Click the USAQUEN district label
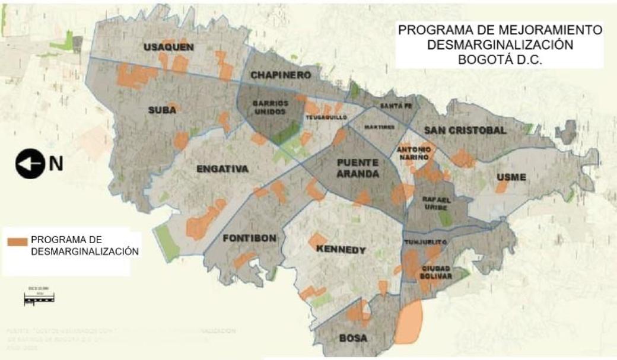tap(168, 47)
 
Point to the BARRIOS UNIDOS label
tap(270, 107)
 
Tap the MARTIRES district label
tap(380, 127)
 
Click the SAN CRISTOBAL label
tap(465, 130)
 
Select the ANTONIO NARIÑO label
tap(413, 154)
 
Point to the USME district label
tap(511, 177)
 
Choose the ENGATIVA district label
tap(222, 170)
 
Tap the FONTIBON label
tap(250, 238)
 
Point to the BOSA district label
tap(352, 339)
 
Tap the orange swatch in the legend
tap(17, 241)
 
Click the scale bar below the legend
tap(39, 300)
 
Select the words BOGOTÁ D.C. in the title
tap(500, 60)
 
